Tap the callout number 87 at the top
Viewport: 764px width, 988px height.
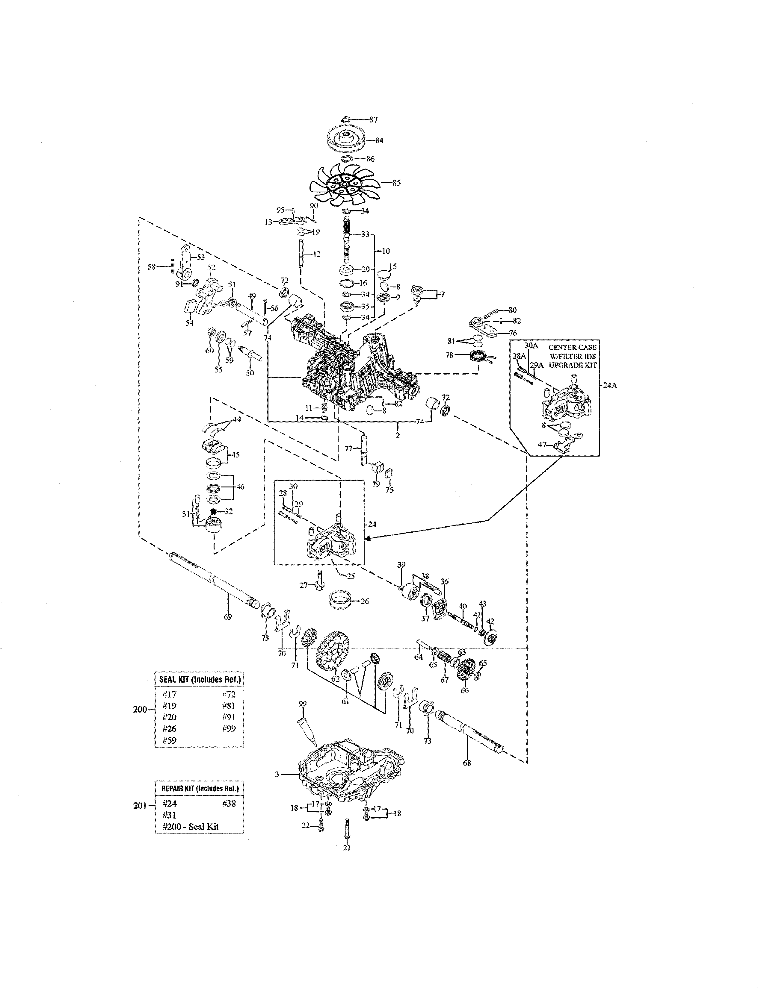(373, 119)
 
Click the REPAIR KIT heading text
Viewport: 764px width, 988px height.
(200, 788)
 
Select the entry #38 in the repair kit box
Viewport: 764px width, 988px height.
(229, 804)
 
